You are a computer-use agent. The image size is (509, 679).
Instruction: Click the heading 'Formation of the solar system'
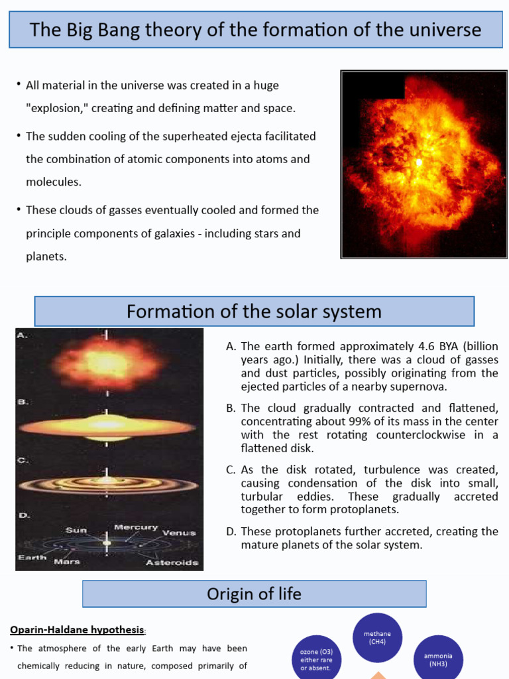254,312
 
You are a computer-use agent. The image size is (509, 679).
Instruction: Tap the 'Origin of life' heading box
254,594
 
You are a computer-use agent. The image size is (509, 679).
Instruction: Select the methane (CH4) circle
377,638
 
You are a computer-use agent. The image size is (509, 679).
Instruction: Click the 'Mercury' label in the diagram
136,527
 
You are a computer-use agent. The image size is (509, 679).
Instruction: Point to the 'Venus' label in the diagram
180,532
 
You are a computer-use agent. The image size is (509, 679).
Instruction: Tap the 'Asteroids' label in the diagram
172,562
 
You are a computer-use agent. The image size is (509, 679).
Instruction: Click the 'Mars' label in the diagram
67,562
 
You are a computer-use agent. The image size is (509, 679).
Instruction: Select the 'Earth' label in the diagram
32,557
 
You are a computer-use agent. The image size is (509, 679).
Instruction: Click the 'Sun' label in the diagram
76,530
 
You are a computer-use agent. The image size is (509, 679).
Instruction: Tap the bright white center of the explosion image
419,162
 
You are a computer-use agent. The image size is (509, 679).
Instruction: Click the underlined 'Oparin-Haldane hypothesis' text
77,629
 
